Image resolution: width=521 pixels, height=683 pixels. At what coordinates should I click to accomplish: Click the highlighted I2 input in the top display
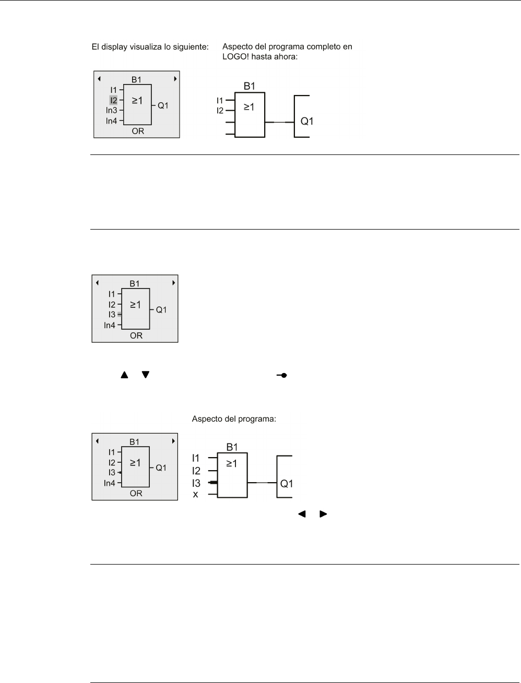click(x=113, y=100)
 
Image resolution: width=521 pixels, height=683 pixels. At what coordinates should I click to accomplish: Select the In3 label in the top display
click(x=111, y=110)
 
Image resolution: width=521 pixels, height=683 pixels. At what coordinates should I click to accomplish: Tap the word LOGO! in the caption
click(x=233, y=57)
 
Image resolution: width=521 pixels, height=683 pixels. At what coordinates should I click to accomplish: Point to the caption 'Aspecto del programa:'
click(x=234, y=419)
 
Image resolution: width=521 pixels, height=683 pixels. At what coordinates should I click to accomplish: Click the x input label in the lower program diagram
click(x=196, y=494)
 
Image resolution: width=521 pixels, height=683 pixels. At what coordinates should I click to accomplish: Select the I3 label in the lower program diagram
click(x=196, y=483)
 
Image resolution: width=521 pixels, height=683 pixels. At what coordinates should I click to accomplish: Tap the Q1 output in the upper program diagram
click(x=307, y=122)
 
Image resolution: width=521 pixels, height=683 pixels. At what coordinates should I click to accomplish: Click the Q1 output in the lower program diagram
click(x=287, y=484)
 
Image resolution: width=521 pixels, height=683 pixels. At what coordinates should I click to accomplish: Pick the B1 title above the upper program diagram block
click(x=250, y=86)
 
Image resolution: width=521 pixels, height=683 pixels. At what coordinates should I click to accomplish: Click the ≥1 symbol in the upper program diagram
click(x=249, y=107)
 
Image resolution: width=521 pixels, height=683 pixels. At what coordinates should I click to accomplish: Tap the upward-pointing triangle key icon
click(x=124, y=375)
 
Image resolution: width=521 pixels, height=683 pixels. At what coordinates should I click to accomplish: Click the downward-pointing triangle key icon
click(x=146, y=375)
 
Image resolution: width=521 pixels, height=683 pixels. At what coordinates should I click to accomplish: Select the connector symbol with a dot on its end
click(x=282, y=375)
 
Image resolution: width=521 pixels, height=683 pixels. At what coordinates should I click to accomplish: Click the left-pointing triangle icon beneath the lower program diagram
click(x=301, y=514)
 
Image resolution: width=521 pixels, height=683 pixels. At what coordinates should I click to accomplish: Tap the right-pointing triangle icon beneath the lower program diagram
click(x=323, y=514)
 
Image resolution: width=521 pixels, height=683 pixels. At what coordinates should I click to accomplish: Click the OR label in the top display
click(x=138, y=131)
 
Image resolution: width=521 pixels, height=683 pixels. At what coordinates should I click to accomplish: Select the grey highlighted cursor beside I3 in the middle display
click(x=120, y=315)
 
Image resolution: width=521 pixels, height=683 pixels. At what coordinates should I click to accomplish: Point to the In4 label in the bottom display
click(x=110, y=483)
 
